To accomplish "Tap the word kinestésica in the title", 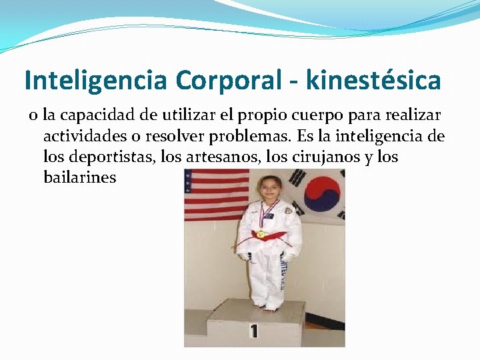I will pos(374,81).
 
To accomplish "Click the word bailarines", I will pos(79,178).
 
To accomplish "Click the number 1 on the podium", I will pos(254,331).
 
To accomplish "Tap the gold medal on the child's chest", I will pos(261,234).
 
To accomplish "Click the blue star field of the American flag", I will pos(196,178).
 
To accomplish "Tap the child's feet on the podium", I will pos(270,307).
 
